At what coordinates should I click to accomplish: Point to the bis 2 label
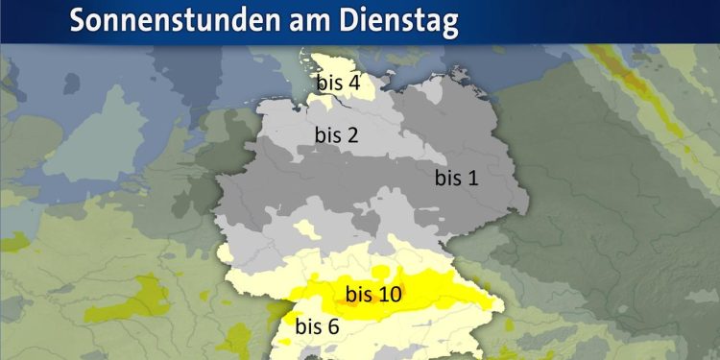[336, 135]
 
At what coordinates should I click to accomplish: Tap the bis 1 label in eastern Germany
[456, 178]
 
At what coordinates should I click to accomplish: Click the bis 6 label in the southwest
[317, 326]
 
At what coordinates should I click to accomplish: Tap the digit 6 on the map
[333, 326]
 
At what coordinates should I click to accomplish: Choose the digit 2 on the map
[352, 135]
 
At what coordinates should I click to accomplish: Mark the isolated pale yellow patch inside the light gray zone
[306, 228]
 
